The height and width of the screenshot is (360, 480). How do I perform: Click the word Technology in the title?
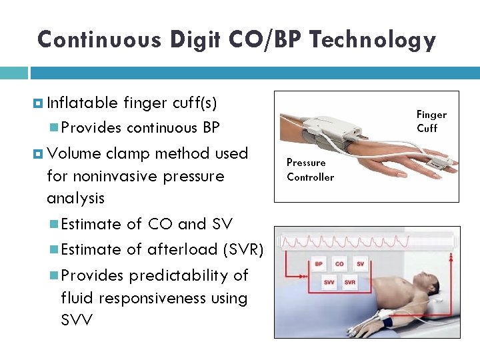[x=373, y=40]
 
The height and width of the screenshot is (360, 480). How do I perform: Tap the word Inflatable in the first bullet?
[x=83, y=103]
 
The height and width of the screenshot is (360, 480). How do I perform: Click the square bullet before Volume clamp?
[x=39, y=153]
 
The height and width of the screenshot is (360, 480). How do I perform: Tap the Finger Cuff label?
[x=431, y=121]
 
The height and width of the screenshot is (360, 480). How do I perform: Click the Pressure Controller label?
[x=310, y=170]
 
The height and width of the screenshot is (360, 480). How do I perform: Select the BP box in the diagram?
[x=319, y=265]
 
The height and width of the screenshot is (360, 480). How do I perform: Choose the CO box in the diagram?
[x=339, y=265]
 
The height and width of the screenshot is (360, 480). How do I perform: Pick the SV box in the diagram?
[x=360, y=265]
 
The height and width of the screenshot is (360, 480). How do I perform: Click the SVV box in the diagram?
[x=329, y=282]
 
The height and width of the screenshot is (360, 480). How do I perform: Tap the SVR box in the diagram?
[x=350, y=282]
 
